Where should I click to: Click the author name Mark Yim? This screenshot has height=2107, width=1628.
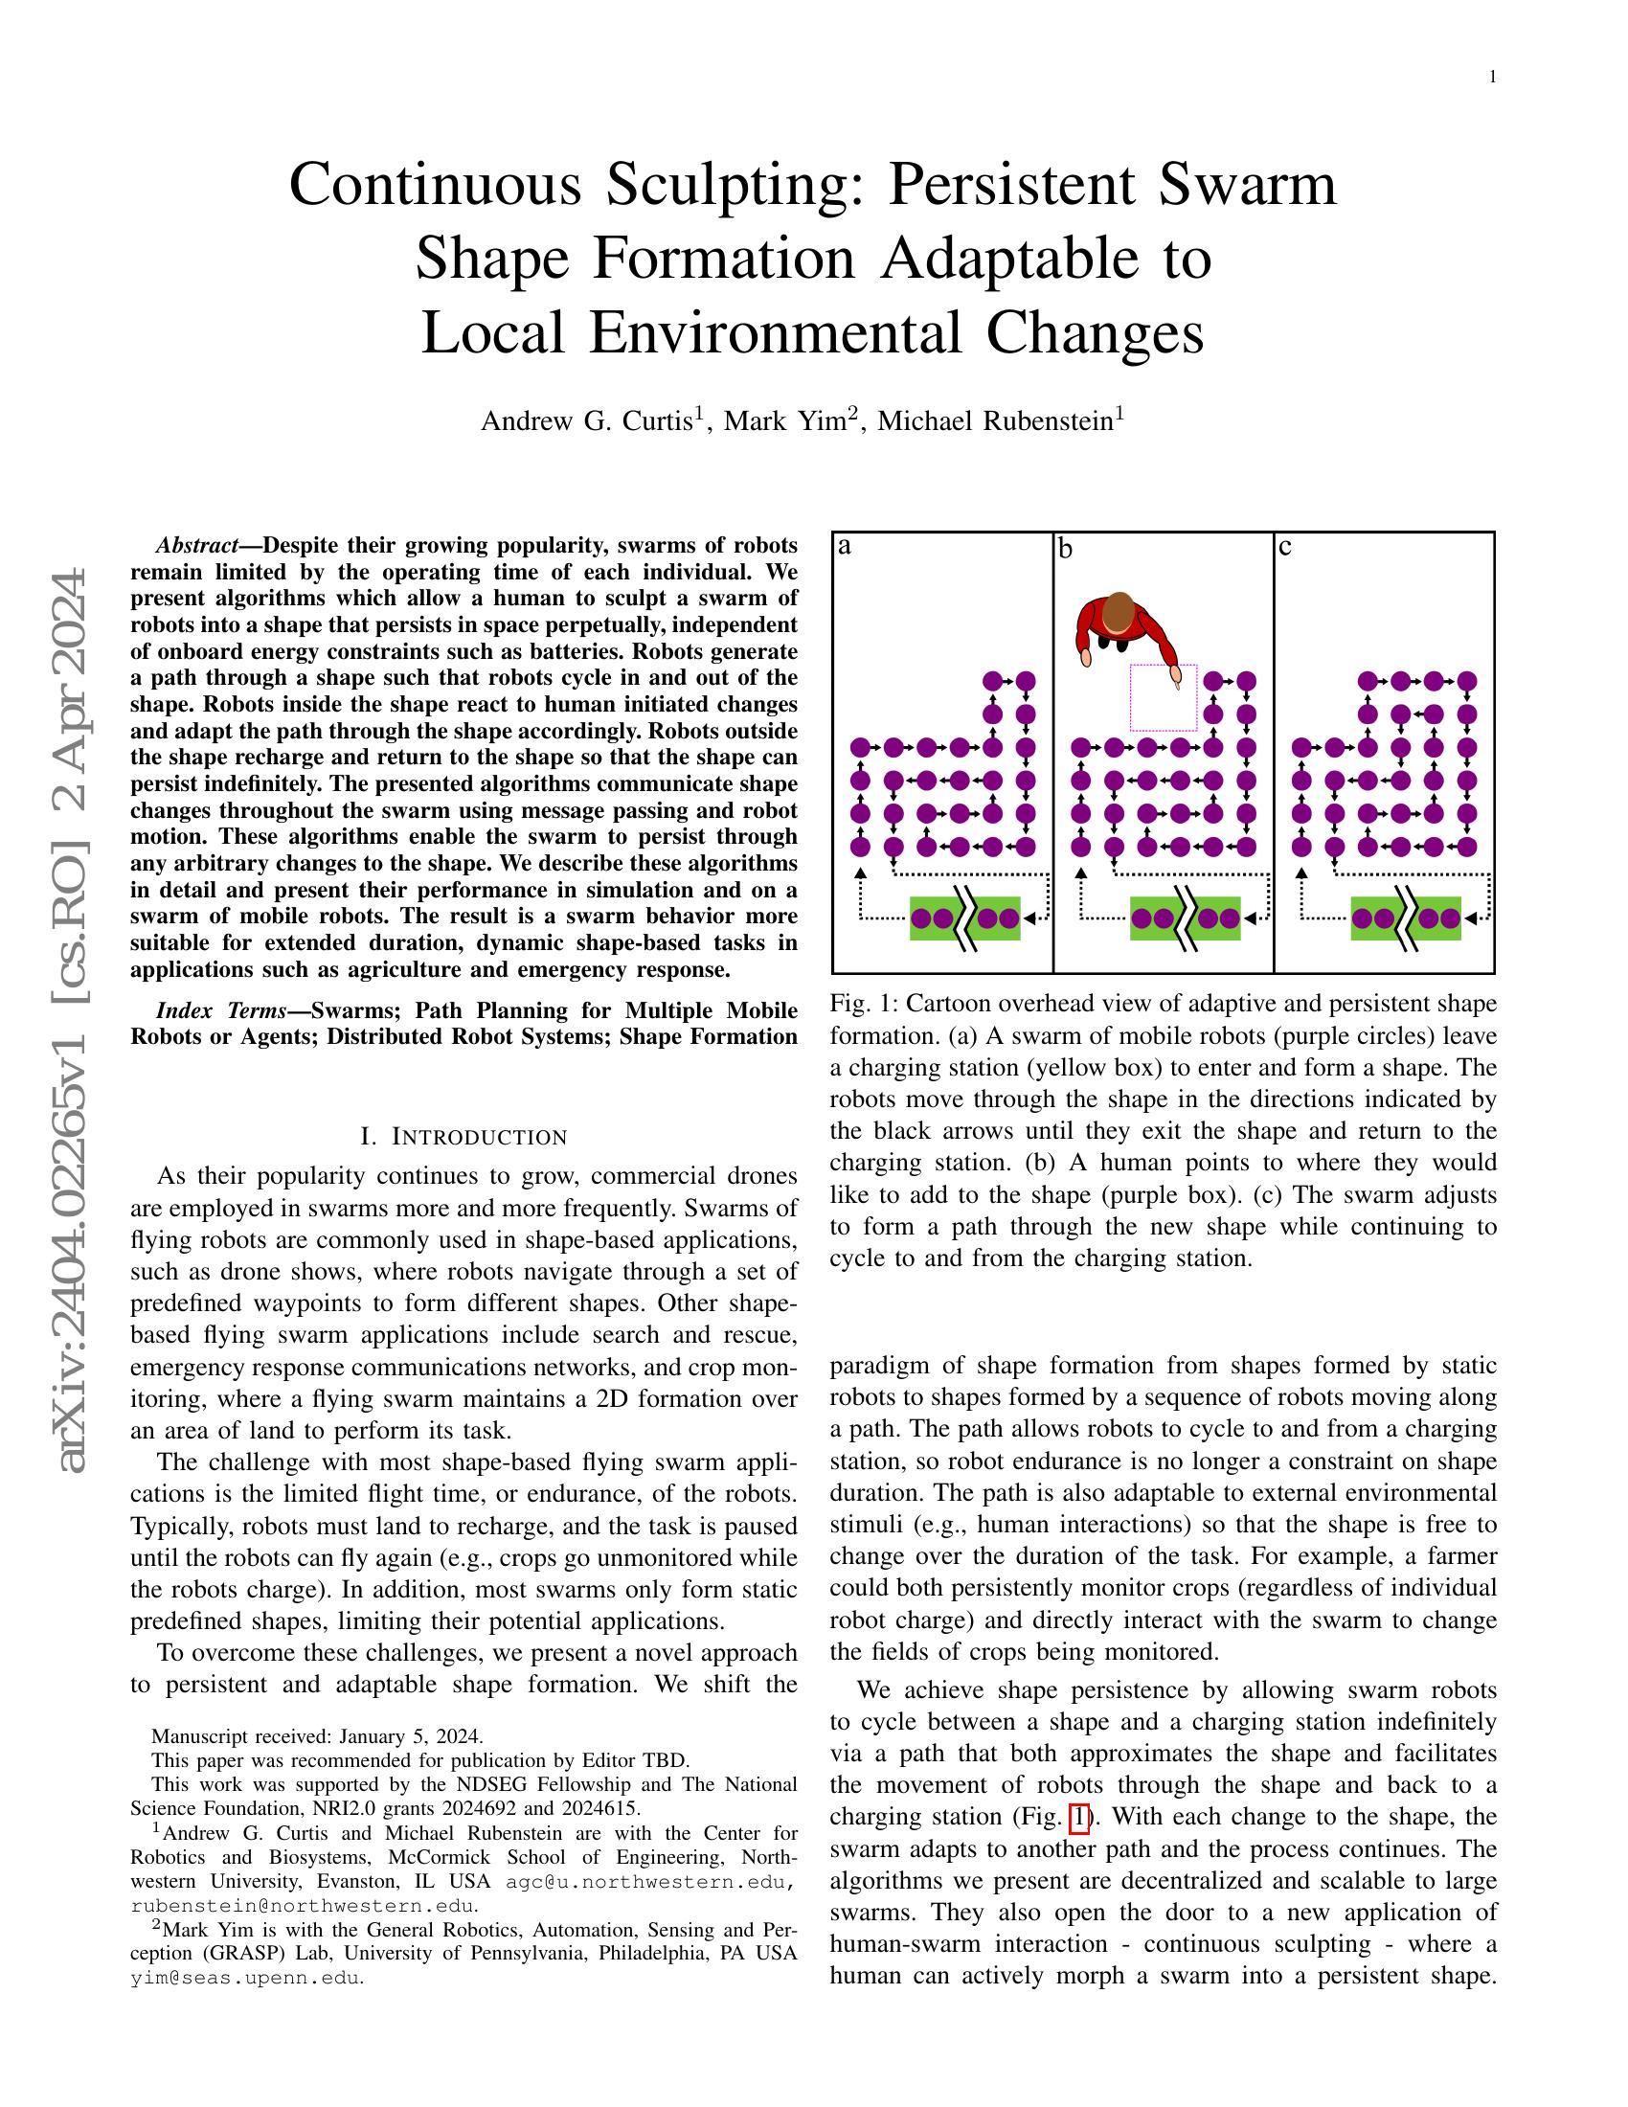click(x=783, y=421)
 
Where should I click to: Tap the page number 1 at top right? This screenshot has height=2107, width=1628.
click(x=1493, y=78)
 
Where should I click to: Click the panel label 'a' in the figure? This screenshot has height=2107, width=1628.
click(x=845, y=546)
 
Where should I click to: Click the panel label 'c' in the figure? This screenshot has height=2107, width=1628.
click(x=1284, y=547)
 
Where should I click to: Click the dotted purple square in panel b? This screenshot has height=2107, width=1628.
click(x=1164, y=696)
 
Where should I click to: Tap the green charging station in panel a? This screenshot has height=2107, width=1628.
click(x=964, y=918)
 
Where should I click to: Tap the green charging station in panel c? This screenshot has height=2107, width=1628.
click(x=1405, y=918)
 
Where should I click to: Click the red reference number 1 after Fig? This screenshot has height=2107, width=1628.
click(x=1080, y=1818)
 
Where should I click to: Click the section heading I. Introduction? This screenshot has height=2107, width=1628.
click(x=463, y=1137)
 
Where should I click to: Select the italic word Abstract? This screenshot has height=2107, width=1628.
click(x=196, y=545)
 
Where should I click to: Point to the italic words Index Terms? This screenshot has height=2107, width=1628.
click(x=221, y=1010)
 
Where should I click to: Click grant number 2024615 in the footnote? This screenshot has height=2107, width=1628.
click(x=603, y=1808)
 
